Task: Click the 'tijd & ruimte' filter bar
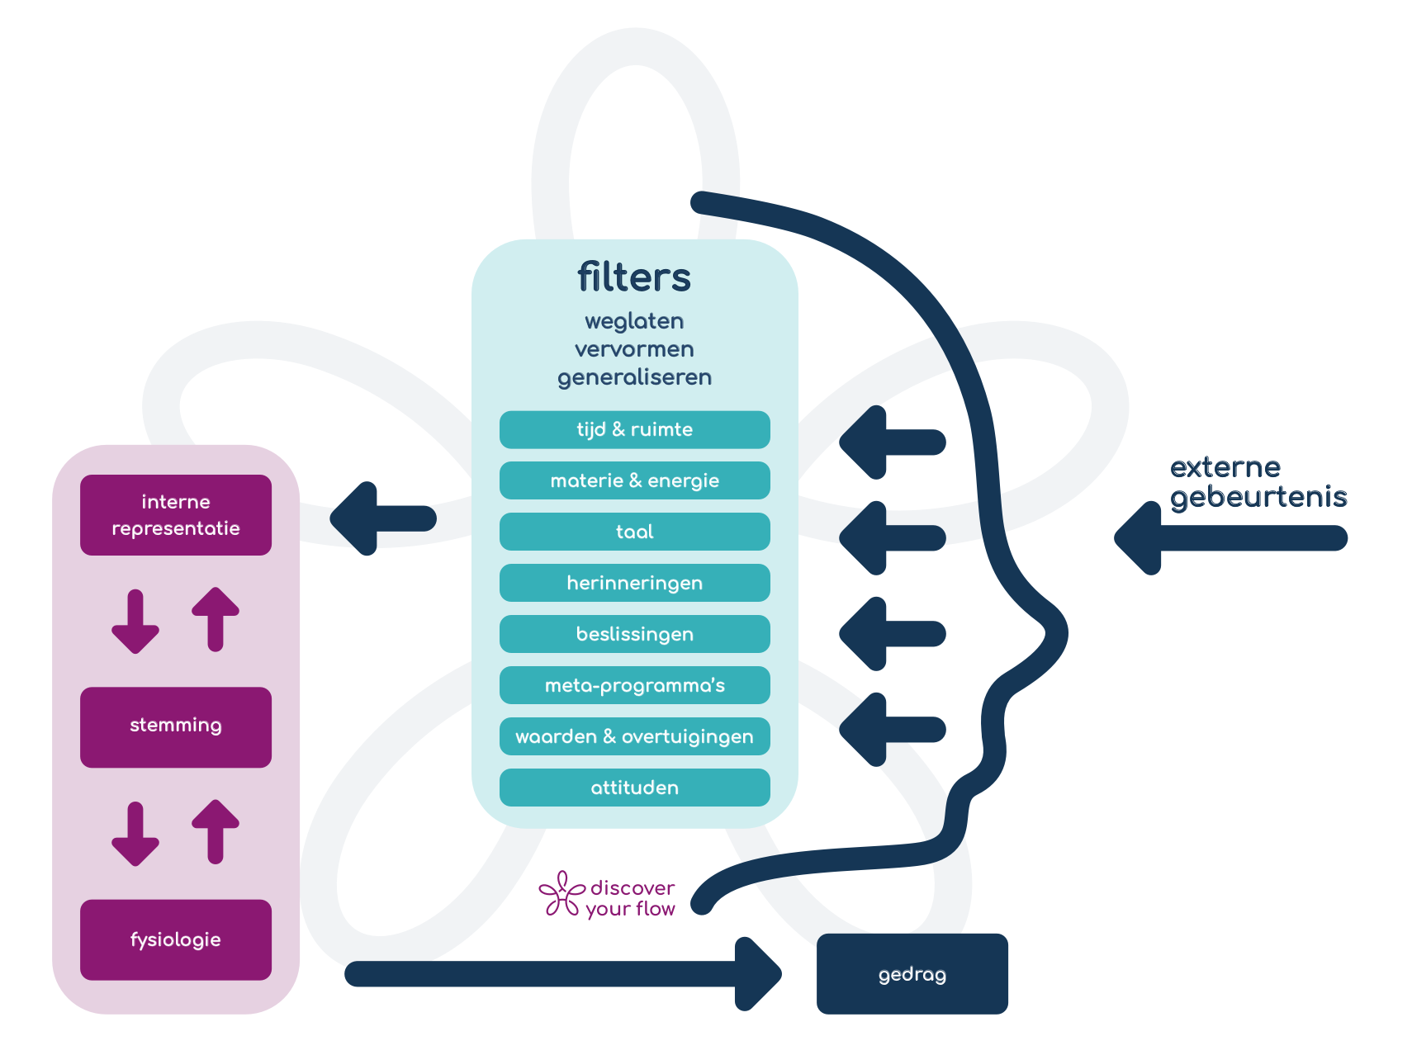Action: coord(634,430)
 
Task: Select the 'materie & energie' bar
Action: coord(634,481)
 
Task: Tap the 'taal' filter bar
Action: coord(634,532)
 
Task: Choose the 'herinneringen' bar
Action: coord(634,584)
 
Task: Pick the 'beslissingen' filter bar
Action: coord(634,635)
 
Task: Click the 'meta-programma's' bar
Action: coord(634,686)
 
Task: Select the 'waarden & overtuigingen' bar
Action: coord(634,737)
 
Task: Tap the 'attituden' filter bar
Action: coord(634,788)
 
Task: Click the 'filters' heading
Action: coord(633,277)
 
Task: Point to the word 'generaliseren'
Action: coord(634,378)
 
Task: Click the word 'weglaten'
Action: coord(634,321)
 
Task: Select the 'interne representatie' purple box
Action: coord(176,515)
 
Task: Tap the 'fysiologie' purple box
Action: coord(176,940)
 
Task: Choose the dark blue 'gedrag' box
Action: coord(912,974)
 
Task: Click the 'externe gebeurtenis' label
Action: coord(1257,482)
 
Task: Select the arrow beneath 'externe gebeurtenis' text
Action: coord(1230,538)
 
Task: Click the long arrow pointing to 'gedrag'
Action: coord(561,974)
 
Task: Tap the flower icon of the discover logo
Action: coord(561,895)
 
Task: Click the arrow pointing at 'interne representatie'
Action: coord(383,518)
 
